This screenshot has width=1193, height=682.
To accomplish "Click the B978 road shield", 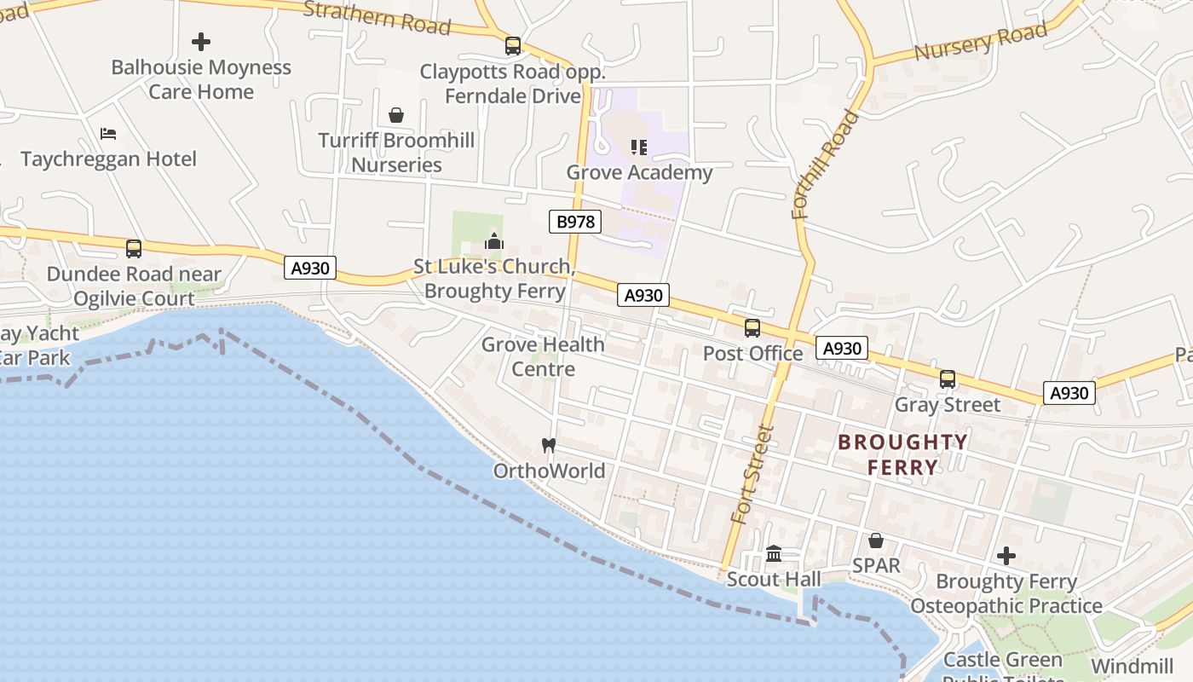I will [575, 223].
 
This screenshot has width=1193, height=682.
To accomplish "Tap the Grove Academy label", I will [639, 172].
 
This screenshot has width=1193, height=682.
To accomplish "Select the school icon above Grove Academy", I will [639, 147].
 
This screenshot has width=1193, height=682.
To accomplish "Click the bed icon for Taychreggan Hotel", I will [108, 134].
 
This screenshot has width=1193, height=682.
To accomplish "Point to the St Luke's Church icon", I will [494, 241].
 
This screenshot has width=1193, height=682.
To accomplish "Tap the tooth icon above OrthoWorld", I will [549, 445].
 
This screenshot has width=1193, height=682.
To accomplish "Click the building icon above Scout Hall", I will [774, 554].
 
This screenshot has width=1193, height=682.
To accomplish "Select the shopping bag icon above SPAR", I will [875, 540].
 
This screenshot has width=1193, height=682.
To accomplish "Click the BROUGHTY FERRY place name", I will [902, 454].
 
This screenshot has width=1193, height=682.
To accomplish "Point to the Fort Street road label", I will [752, 474].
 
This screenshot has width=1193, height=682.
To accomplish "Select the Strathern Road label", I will [376, 17].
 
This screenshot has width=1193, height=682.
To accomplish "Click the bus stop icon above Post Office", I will [752, 328].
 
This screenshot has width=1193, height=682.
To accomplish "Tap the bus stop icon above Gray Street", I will [947, 379].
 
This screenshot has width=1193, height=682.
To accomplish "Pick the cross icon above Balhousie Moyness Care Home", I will [201, 41].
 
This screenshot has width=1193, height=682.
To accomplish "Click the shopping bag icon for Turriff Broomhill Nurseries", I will [396, 115].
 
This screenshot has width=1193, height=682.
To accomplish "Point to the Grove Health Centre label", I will [543, 356].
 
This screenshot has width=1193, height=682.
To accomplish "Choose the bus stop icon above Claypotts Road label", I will [513, 46].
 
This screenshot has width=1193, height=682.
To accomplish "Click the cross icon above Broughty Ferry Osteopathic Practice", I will [1006, 556].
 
